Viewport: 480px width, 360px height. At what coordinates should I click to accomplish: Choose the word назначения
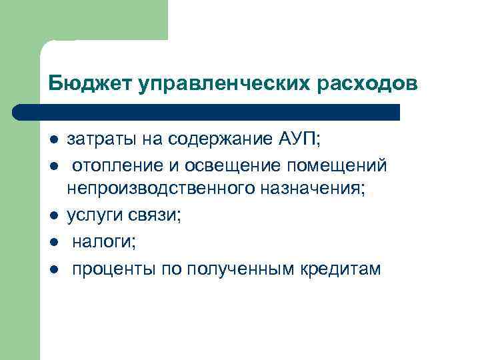point(311,190)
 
